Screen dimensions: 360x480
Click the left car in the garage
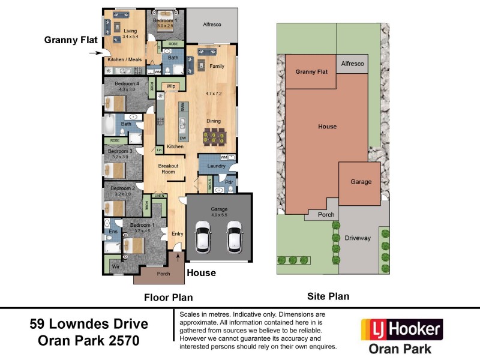coord(203,236)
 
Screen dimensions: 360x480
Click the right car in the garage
coord(233,236)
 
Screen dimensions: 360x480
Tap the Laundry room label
coord(215,166)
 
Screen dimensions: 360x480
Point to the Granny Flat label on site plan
coord(311,71)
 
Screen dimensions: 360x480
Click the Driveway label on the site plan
coord(358,238)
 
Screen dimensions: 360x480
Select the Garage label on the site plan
coord(361,182)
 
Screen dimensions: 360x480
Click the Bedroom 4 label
coord(127,83)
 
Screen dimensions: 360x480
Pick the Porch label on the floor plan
coord(163,274)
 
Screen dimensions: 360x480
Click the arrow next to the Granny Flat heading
coord(95,53)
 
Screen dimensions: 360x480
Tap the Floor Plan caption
coord(168,297)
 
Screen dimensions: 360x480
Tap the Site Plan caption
coord(328,296)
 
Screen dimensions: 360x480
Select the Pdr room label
coord(229,182)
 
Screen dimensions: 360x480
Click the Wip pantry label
coord(170,86)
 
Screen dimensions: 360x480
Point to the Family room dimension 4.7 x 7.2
coord(214,94)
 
